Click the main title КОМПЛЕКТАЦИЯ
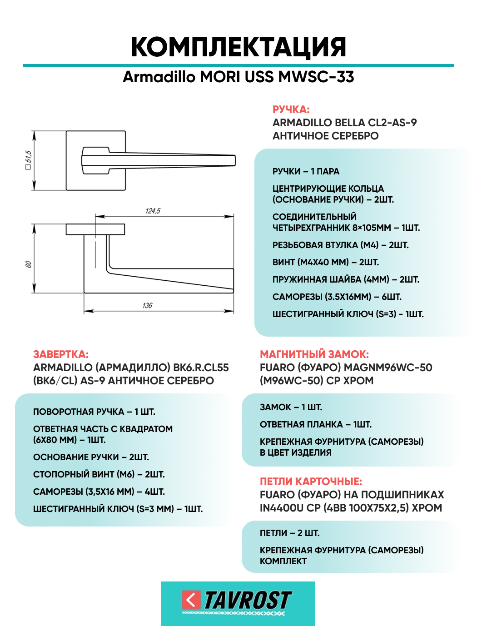click(238, 47)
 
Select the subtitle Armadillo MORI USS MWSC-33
click(238, 77)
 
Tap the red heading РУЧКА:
click(291, 109)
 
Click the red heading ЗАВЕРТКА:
click(61, 354)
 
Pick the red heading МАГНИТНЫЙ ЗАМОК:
click(314, 354)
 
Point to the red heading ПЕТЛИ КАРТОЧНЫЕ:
click(311, 482)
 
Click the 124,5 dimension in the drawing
click(153, 211)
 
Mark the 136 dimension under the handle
click(147, 305)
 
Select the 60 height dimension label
click(28, 264)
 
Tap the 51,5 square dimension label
click(28, 160)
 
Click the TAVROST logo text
click(248, 601)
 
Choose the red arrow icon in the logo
click(191, 600)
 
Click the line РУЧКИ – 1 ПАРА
click(306, 171)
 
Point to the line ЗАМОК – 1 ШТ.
click(291, 407)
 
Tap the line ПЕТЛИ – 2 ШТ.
click(289, 533)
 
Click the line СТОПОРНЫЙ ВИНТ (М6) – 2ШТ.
click(99, 474)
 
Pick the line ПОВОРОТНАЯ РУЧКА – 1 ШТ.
click(94, 412)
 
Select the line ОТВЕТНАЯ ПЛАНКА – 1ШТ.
click(315, 424)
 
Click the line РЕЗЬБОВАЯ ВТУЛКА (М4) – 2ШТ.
click(340, 245)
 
